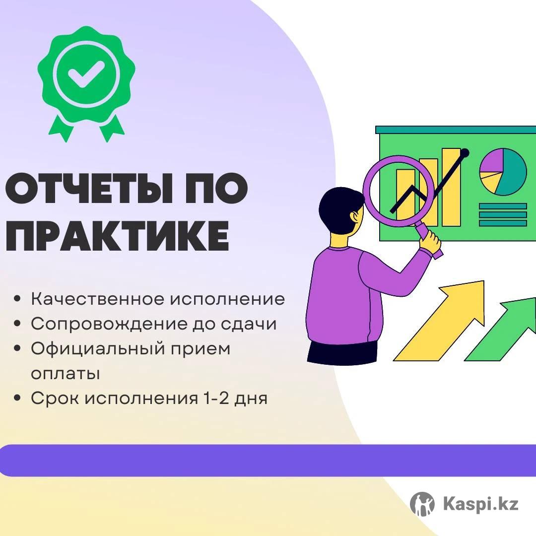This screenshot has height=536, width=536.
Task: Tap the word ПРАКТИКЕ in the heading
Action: click(x=117, y=236)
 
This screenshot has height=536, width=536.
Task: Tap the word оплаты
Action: click(x=66, y=374)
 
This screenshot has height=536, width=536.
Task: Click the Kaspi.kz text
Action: click(x=480, y=504)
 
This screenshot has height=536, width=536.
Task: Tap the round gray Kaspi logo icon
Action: click(x=422, y=504)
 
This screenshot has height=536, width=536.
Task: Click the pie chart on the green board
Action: click(x=503, y=172)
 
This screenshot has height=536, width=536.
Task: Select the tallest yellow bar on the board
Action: click(x=451, y=187)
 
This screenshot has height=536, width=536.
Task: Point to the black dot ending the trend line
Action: click(x=465, y=153)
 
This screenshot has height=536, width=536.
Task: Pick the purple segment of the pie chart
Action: click(x=491, y=161)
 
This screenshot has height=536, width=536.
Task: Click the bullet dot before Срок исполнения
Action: click(x=18, y=398)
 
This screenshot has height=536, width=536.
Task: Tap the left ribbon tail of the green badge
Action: click(x=61, y=128)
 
